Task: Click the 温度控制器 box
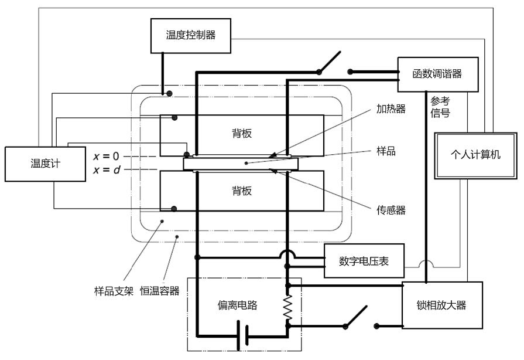[190, 35]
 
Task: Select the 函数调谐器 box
[437, 74]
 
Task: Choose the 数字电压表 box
[364, 261]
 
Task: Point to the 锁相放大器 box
[442, 305]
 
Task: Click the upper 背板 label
[241, 133]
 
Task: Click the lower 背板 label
[241, 191]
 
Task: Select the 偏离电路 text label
[237, 305]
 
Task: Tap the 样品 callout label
[386, 151]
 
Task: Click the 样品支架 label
[113, 290]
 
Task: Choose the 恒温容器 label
[159, 290]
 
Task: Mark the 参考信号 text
[440, 106]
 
